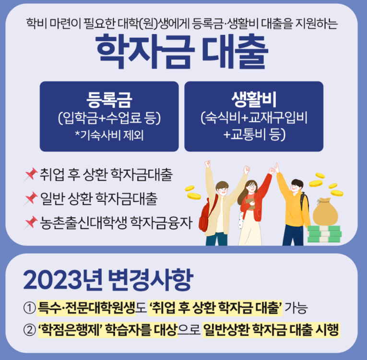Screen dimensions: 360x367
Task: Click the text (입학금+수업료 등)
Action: pos(109,117)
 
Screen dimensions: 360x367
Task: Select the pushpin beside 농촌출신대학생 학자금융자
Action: pos(31,221)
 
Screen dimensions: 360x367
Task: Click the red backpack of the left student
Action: pos(204,216)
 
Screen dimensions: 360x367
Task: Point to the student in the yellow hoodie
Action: pos(292,206)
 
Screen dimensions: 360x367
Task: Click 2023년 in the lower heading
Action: pos(60,281)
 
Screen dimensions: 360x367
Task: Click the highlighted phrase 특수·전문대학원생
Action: pos(86,307)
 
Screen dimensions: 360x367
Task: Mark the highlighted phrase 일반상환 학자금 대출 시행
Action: pos(272,330)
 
